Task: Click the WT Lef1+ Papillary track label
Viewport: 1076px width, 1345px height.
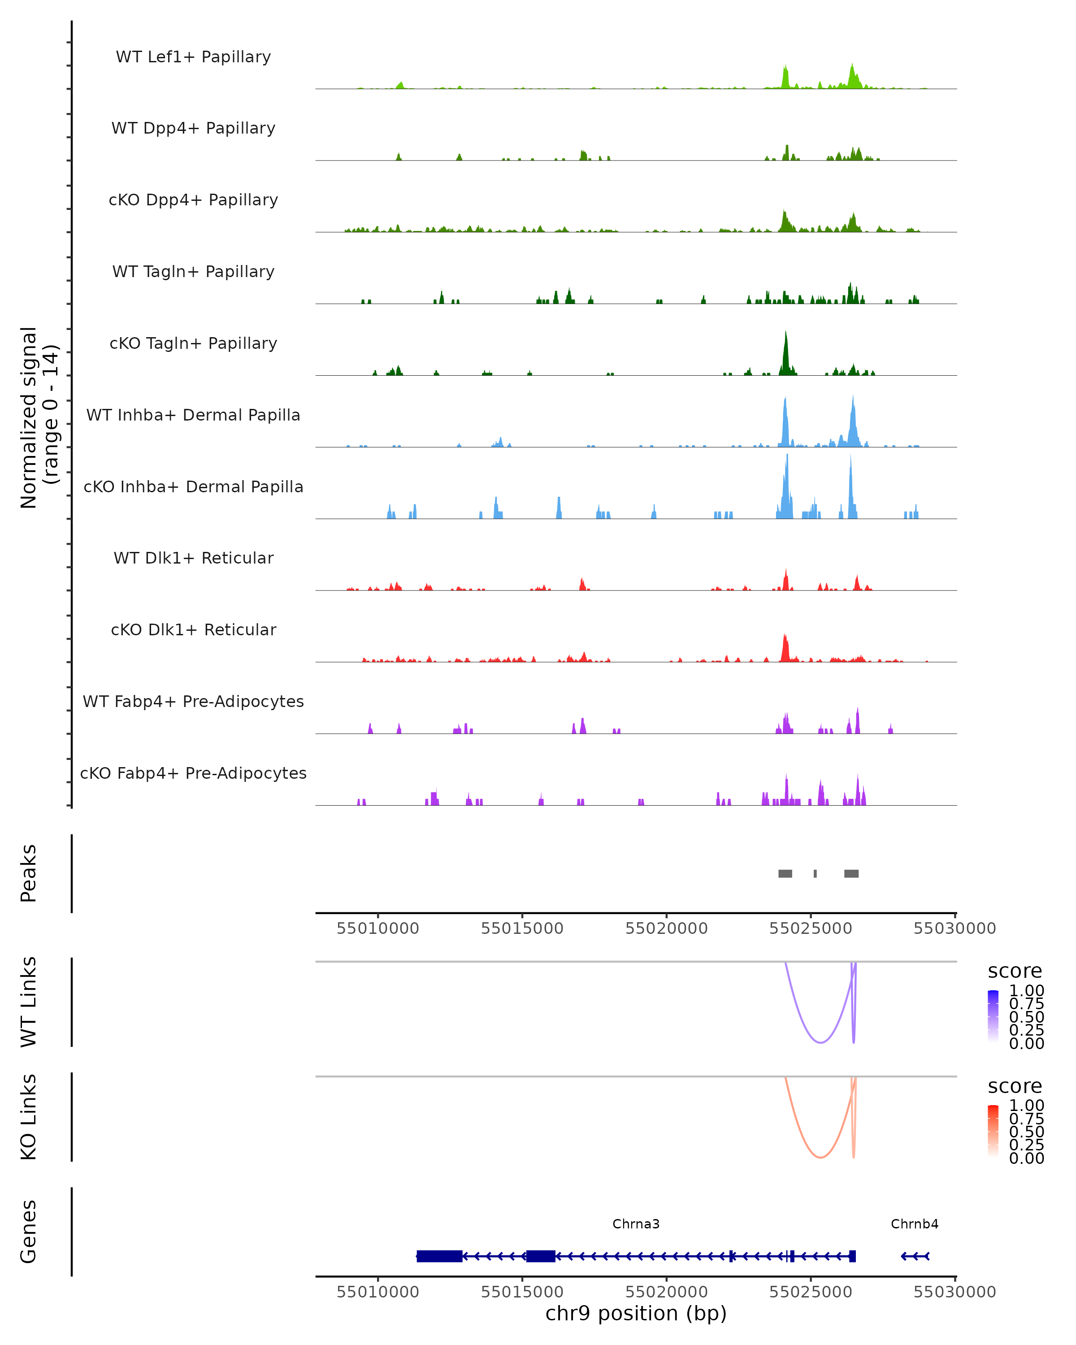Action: (193, 57)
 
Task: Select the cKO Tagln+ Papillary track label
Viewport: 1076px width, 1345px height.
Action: (193, 343)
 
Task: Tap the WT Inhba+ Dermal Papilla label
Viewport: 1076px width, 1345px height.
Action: (193, 415)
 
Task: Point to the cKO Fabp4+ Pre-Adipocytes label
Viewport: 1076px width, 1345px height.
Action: (193, 773)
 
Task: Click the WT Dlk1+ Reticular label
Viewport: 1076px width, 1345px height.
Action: (193, 558)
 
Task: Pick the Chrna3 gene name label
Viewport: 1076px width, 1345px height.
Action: (636, 1224)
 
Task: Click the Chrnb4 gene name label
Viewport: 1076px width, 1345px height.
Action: (915, 1224)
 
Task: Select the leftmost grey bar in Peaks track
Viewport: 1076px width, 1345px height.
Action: (785, 873)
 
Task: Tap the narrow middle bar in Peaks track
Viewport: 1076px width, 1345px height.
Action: (815, 873)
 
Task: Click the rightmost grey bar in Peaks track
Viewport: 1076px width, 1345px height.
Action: (851, 873)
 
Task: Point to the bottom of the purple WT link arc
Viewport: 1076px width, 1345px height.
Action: (821, 1042)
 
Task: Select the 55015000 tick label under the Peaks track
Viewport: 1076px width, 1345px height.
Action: (522, 928)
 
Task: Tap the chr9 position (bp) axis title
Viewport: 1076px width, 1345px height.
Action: (636, 1313)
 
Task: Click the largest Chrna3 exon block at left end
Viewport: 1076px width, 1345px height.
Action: (439, 1256)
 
